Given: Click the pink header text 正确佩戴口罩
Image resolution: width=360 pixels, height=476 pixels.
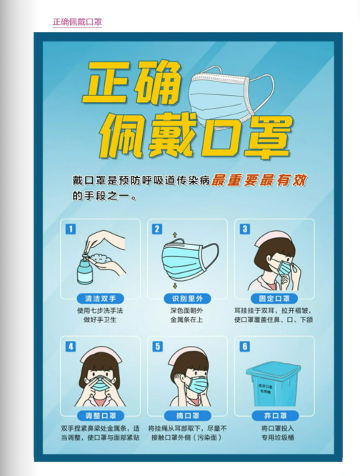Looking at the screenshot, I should coord(77,21).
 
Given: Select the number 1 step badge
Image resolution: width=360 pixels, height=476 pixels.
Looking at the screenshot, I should coord(70,229).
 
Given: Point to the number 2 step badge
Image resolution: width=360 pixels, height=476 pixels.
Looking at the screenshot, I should coord(157,229).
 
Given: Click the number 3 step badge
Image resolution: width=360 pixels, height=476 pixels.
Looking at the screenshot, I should coord(244,229).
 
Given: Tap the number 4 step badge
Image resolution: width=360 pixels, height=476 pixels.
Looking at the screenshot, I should coord(70,347).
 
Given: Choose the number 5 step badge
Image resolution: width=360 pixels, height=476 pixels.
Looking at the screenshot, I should coord(157,347).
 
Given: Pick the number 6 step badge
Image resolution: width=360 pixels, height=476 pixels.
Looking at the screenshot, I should coord(244,347).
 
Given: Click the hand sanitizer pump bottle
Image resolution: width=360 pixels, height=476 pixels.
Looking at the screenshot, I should coord(84,269).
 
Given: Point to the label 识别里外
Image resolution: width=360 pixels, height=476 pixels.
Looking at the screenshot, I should coord(184,299).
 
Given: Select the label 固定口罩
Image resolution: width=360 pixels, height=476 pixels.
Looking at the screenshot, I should coord(271,299).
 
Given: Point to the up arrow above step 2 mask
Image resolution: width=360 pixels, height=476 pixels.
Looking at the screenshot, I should coord(174,234).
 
